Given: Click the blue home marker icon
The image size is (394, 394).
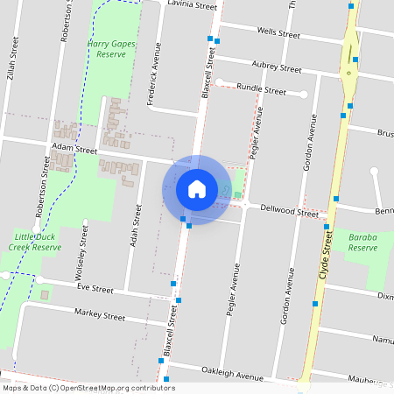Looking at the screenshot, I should coord(197,189).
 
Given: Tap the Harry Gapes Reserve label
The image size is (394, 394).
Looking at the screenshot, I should coord(107,48).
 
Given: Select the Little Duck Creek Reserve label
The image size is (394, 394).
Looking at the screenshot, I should coord(38,242).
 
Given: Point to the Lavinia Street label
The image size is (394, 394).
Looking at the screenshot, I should coord(192,6).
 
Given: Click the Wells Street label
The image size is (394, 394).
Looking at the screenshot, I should coord(278,33).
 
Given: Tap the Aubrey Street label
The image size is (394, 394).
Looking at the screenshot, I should coord(276,67).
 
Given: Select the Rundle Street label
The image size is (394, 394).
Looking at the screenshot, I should coord(263,89).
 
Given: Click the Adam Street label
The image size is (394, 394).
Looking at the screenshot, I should coord(74,150).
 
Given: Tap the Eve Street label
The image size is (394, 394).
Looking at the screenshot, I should coord(95,288).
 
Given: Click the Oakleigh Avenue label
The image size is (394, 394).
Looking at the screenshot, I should coord(232,375).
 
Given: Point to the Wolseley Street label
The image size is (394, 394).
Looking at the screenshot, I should coord(84,248).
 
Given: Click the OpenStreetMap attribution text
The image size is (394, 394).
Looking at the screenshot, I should coord(88,388).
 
